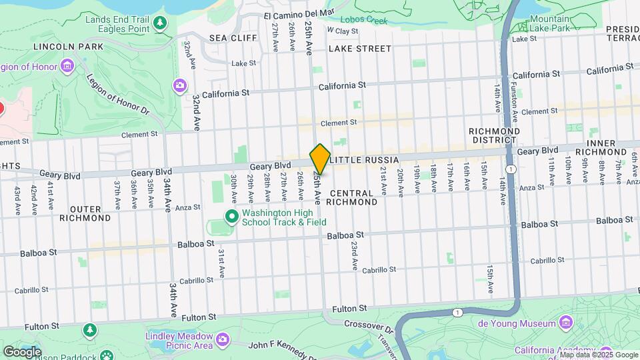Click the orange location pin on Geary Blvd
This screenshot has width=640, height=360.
click(x=320, y=159)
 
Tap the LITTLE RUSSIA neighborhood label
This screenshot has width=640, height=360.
click(x=364, y=160)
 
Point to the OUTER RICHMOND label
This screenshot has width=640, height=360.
click(x=85, y=213)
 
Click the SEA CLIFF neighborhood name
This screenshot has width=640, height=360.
click(x=233, y=38)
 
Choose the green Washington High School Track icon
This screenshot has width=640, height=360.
click(x=231, y=216)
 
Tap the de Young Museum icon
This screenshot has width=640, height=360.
click(x=566, y=323)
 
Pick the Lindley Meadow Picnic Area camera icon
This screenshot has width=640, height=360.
click(x=222, y=340)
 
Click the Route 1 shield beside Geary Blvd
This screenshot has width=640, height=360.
click(x=510, y=170)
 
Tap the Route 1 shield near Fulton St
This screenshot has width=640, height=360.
click(x=457, y=312)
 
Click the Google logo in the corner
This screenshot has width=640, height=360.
click(x=22, y=351)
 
